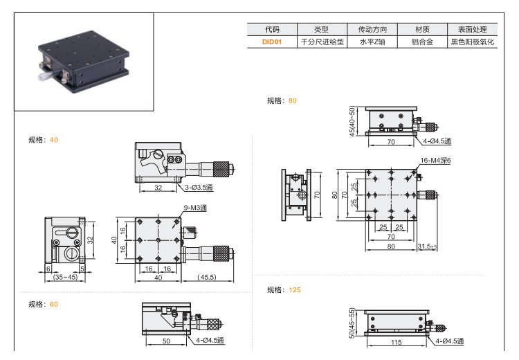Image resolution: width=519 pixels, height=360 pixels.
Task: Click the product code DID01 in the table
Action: click(x=272, y=42)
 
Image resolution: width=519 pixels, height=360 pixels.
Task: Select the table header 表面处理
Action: click(x=473, y=30)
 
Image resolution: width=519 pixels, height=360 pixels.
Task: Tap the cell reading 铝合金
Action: click(x=422, y=42)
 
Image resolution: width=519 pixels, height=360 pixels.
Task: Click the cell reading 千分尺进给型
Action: click(x=321, y=42)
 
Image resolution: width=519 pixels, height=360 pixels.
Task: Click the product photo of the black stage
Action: click(x=83, y=64)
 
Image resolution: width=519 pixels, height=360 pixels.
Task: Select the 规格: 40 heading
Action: click(x=43, y=139)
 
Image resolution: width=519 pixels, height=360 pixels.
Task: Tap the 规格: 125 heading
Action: click(x=284, y=290)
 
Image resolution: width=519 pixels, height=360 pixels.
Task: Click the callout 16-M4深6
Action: click(x=435, y=161)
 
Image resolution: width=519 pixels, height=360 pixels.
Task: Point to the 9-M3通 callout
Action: click(x=194, y=208)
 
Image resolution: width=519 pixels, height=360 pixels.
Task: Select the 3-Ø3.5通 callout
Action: click(x=199, y=188)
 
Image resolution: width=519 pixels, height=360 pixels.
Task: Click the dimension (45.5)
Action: click(x=207, y=278)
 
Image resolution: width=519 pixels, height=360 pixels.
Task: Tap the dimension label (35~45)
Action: click(x=66, y=278)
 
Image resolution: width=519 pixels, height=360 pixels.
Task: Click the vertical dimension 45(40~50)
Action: click(x=353, y=121)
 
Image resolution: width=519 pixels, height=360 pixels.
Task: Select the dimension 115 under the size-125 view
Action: click(x=397, y=342)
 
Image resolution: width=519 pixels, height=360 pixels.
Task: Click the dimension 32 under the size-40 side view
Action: click(x=158, y=188)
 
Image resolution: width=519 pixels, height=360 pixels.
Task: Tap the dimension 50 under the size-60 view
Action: click(x=166, y=341)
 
